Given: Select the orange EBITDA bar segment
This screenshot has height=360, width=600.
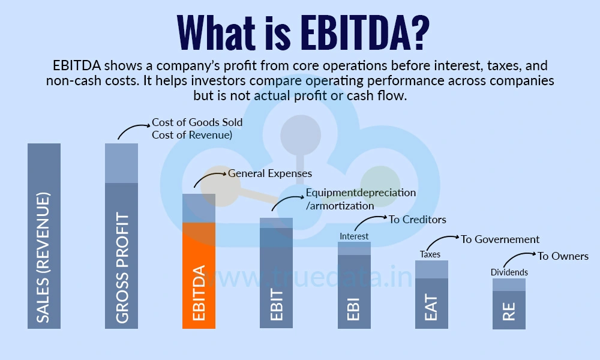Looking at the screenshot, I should [199, 276].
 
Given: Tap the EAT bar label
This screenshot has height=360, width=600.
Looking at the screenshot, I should [431, 306].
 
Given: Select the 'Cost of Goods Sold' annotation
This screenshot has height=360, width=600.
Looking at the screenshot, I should [197, 122].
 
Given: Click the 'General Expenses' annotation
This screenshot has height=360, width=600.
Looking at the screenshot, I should [270, 173].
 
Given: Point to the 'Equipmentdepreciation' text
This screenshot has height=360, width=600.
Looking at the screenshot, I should [361, 193].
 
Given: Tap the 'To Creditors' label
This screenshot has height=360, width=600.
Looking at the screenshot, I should [417, 220].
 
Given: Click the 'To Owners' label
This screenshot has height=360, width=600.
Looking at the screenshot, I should [563, 256].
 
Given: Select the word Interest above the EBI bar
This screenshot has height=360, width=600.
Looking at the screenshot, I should [354, 236].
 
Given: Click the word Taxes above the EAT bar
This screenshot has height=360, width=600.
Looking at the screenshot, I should [430, 254].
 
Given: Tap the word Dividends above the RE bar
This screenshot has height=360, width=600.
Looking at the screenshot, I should [509, 272].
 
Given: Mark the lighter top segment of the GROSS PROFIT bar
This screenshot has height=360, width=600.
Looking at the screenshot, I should [122, 163].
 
